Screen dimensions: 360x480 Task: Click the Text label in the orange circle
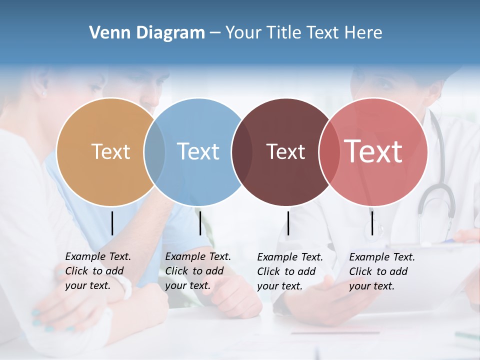(110, 151)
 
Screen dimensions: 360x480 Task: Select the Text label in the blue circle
(198, 151)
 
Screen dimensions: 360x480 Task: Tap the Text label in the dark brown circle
(285, 151)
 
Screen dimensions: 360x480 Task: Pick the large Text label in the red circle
(373, 151)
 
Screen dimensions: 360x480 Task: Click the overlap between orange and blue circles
(154, 151)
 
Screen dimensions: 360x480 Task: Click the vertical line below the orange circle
(112, 223)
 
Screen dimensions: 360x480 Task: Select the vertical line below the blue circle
(200, 223)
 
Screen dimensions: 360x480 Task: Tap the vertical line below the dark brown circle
(288, 223)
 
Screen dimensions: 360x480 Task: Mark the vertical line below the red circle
(372, 223)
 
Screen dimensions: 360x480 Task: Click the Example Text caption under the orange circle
(97, 271)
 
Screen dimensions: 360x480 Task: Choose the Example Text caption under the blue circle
(197, 271)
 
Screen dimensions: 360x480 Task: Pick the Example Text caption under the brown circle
(289, 271)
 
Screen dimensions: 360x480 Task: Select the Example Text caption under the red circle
(381, 271)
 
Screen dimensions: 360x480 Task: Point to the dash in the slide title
(215, 33)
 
